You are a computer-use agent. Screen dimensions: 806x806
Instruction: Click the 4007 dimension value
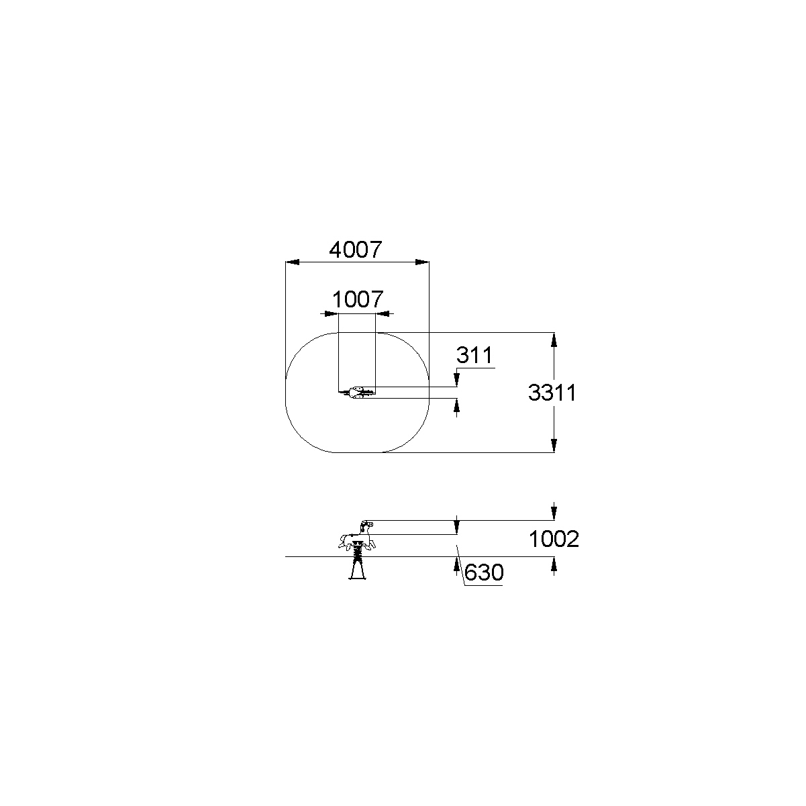pos(356,250)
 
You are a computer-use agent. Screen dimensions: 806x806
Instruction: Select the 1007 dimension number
pos(358,299)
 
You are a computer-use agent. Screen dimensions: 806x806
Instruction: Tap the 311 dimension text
pos(474,355)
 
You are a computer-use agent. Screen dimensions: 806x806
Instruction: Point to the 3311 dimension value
pos(552,393)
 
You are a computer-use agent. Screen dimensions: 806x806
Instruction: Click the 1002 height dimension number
pos(554,539)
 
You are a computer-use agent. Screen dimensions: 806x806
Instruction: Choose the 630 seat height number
pos(484,572)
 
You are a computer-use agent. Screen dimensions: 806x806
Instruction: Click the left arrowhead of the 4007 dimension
pos(293,262)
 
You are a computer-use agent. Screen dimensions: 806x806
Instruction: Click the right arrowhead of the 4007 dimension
pos(422,262)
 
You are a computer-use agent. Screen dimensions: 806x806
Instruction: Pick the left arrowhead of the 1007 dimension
pos(332,313)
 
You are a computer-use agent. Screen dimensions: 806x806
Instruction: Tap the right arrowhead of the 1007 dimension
pos(383,313)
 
